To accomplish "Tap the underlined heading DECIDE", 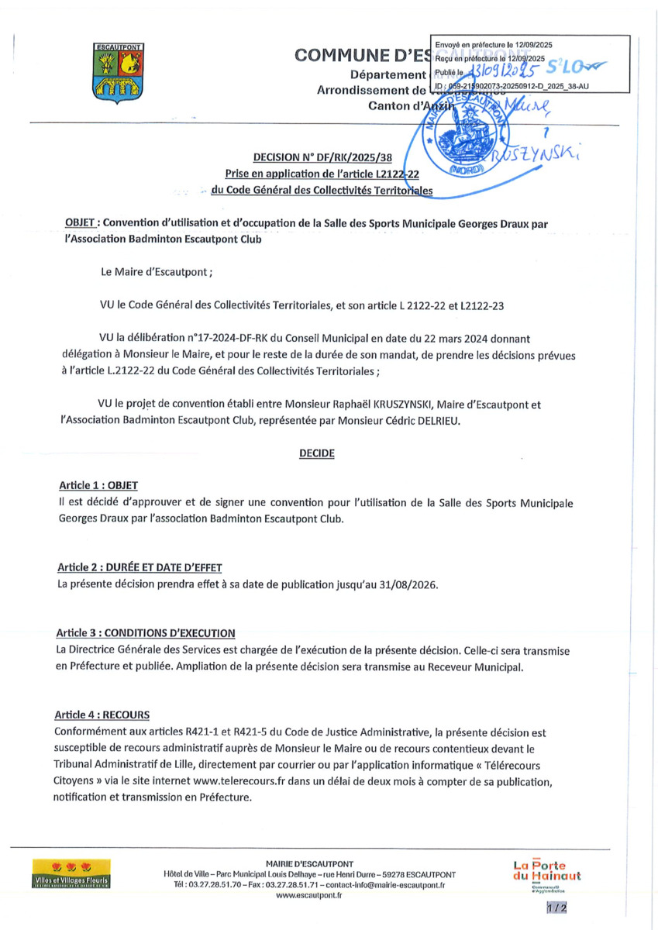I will (x=316, y=453).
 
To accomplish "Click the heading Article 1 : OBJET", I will (x=98, y=485).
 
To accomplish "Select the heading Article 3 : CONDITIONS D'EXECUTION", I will (x=146, y=633).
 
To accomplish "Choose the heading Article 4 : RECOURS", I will (x=102, y=714).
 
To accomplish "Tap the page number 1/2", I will (x=556, y=908).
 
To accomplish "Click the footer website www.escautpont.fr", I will (x=308, y=895).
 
